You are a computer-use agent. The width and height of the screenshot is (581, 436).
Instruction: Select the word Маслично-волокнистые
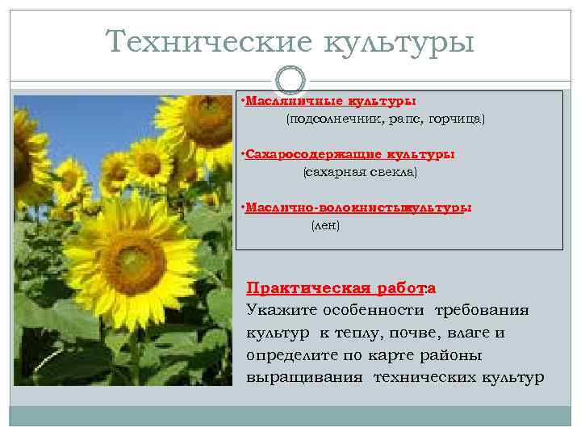pyautogui.click(x=325, y=207)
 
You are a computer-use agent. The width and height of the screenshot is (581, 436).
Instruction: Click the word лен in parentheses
pyautogui.click(x=326, y=224)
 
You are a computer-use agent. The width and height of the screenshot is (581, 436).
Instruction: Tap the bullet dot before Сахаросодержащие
pyautogui.click(x=243, y=153)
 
